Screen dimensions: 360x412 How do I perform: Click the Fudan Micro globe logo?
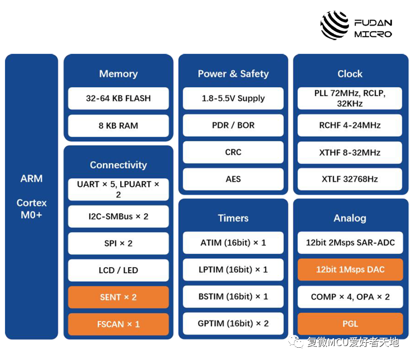(x=335, y=25)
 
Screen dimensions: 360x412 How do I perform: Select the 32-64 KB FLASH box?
(x=118, y=98)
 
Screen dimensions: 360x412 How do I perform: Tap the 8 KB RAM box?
(x=118, y=126)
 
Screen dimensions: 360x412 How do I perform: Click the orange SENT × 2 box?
(x=118, y=297)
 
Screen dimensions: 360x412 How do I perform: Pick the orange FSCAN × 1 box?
(x=118, y=324)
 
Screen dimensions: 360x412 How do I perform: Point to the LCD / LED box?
(x=118, y=270)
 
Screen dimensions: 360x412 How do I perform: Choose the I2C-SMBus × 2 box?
(x=118, y=216)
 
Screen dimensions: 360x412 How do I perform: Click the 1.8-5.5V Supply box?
(x=233, y=98)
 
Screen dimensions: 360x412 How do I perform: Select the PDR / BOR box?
(x=233, y=125)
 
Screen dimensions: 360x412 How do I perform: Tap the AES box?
(x=233, y=179)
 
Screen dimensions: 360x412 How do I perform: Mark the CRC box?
(x=233, y=152)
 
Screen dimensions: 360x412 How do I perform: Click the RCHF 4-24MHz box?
(x=350, y=125)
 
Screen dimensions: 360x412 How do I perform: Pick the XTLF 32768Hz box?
(x=350, y=179)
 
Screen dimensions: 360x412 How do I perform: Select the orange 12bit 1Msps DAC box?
(x=350, y=270)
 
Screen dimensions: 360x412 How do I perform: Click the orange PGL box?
(x=350, y=324)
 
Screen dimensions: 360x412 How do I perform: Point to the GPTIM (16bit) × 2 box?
(x=233, y=323)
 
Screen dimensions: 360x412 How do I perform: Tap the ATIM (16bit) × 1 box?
(x=233, y=243)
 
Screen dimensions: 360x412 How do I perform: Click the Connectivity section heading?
(x=118, y=165)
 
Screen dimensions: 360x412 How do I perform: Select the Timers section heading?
(x=233, y=219)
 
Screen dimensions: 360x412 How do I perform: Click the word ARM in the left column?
(x=32, y=179)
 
